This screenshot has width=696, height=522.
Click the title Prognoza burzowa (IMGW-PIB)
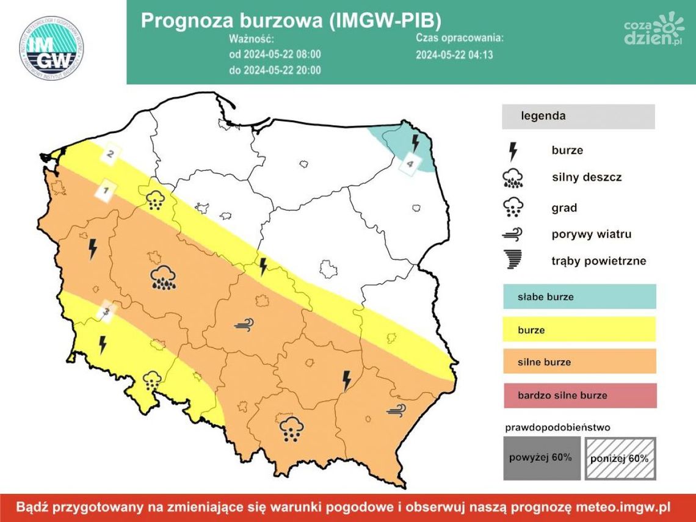coord(290,20)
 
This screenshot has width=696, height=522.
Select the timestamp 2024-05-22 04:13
coord(454,54)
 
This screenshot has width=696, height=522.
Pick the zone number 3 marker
coord(107,312)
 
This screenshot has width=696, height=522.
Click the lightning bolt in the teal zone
coord(415,143)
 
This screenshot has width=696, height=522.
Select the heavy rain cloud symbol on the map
coord(164,277)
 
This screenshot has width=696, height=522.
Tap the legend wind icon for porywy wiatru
coord(513,234)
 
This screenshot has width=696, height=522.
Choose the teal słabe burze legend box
coord(579,297)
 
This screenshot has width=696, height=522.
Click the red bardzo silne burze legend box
coord(579,395)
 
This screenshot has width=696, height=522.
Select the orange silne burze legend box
coord(579,361)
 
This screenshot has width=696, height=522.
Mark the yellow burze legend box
coord(579,330)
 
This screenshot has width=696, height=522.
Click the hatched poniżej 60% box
coord(620,458)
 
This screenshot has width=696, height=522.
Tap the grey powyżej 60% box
coord(540,458)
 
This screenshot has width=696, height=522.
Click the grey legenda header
coord(578,116)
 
